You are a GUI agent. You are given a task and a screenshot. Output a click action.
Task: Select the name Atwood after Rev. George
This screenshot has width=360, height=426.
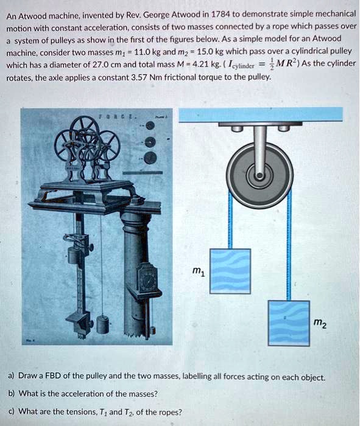pyautogui.click(x=191, y=14)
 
